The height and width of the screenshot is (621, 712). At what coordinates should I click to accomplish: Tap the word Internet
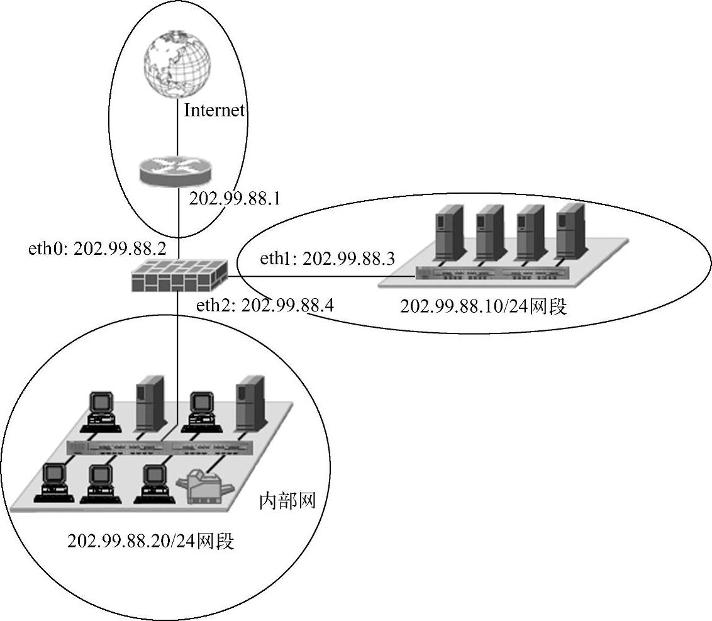point(214,111)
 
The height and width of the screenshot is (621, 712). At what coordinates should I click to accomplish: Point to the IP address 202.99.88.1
point(234,199)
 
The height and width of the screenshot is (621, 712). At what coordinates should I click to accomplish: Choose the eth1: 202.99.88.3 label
point(327,259)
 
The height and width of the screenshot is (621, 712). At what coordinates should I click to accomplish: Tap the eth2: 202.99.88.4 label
point(265,306)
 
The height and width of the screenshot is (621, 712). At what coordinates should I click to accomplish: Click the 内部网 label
point(287,502)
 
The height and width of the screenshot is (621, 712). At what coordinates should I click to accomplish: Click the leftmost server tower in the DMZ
point(447,231)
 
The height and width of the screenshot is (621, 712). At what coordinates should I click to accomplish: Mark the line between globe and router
point(177,129)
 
